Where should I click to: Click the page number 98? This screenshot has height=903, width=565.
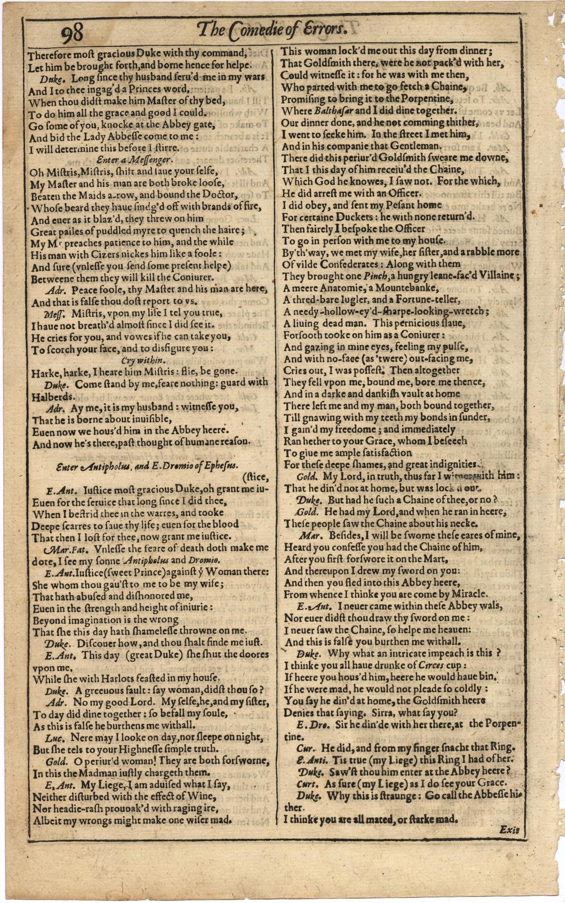[x=72, y=32]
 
